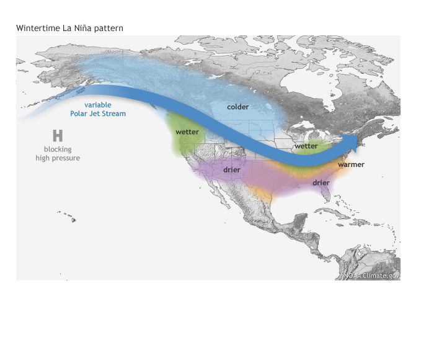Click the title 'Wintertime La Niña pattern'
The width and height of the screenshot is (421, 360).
[x=69, y=29]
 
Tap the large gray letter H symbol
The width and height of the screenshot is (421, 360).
[x=58, y=136]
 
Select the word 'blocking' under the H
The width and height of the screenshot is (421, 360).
[x=58, y=149]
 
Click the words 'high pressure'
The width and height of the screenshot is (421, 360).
[x=58, y=158]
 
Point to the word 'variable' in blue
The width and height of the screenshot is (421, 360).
[x=98, y=105]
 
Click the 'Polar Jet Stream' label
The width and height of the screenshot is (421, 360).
[x=98, y=114]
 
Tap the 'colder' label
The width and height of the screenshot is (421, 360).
[x=237, y=107]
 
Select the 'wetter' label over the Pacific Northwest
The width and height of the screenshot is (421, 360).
[x=187, y=132]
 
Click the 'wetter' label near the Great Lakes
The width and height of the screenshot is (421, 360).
[x=306, y=146]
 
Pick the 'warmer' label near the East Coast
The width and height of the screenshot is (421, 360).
[x=351, y=164]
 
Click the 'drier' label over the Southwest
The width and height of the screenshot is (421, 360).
[x=232, y=169]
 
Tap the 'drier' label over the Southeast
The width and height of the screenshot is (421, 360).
[x=321, y=182]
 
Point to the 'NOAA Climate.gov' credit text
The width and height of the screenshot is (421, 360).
[x=372, y=275]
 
